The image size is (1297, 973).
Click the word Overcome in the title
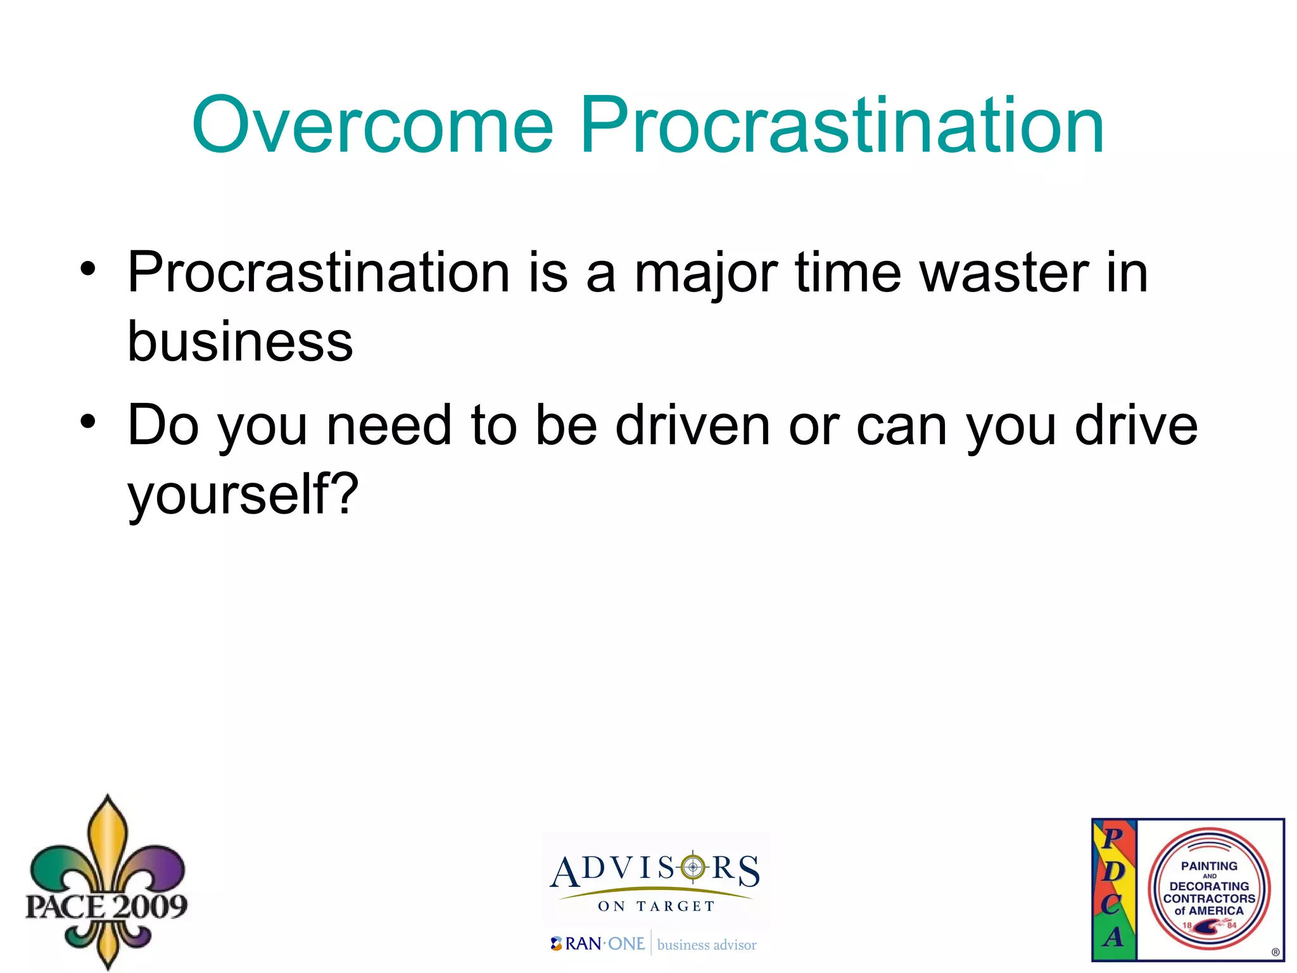pyautogui.click(x=372, y=125)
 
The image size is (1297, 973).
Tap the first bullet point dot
pyautogui.click(x=88, y=268)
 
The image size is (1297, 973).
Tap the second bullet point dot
pyautogui.click(x=88, y=421)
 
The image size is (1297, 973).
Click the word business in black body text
pyautogui.click(x=240, y=342)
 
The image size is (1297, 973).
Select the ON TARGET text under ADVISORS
pyautogui.click(x=656, y=906)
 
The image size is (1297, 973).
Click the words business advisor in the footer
pyautogui.click(x=707, y=945)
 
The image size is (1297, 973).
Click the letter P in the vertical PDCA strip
pyautogui.click(x=1113, y=838)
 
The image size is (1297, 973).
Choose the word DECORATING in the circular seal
pyautogui.click(x=1209, y=886)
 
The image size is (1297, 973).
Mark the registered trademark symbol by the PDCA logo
pyautogui.click(x=1275, y=952)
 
